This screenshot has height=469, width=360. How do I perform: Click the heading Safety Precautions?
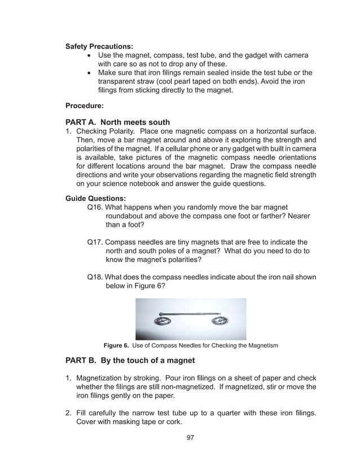(x=99, y=46)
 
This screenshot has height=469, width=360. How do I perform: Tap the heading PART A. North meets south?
(x=118, y=122)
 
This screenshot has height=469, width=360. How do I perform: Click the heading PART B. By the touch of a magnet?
(x=130, y=361)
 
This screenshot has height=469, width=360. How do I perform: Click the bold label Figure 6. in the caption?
(x=115, y=345)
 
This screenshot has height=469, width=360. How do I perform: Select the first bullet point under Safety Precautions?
(x=90, y=55)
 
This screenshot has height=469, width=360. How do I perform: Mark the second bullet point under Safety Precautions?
(x=90, y=73)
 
